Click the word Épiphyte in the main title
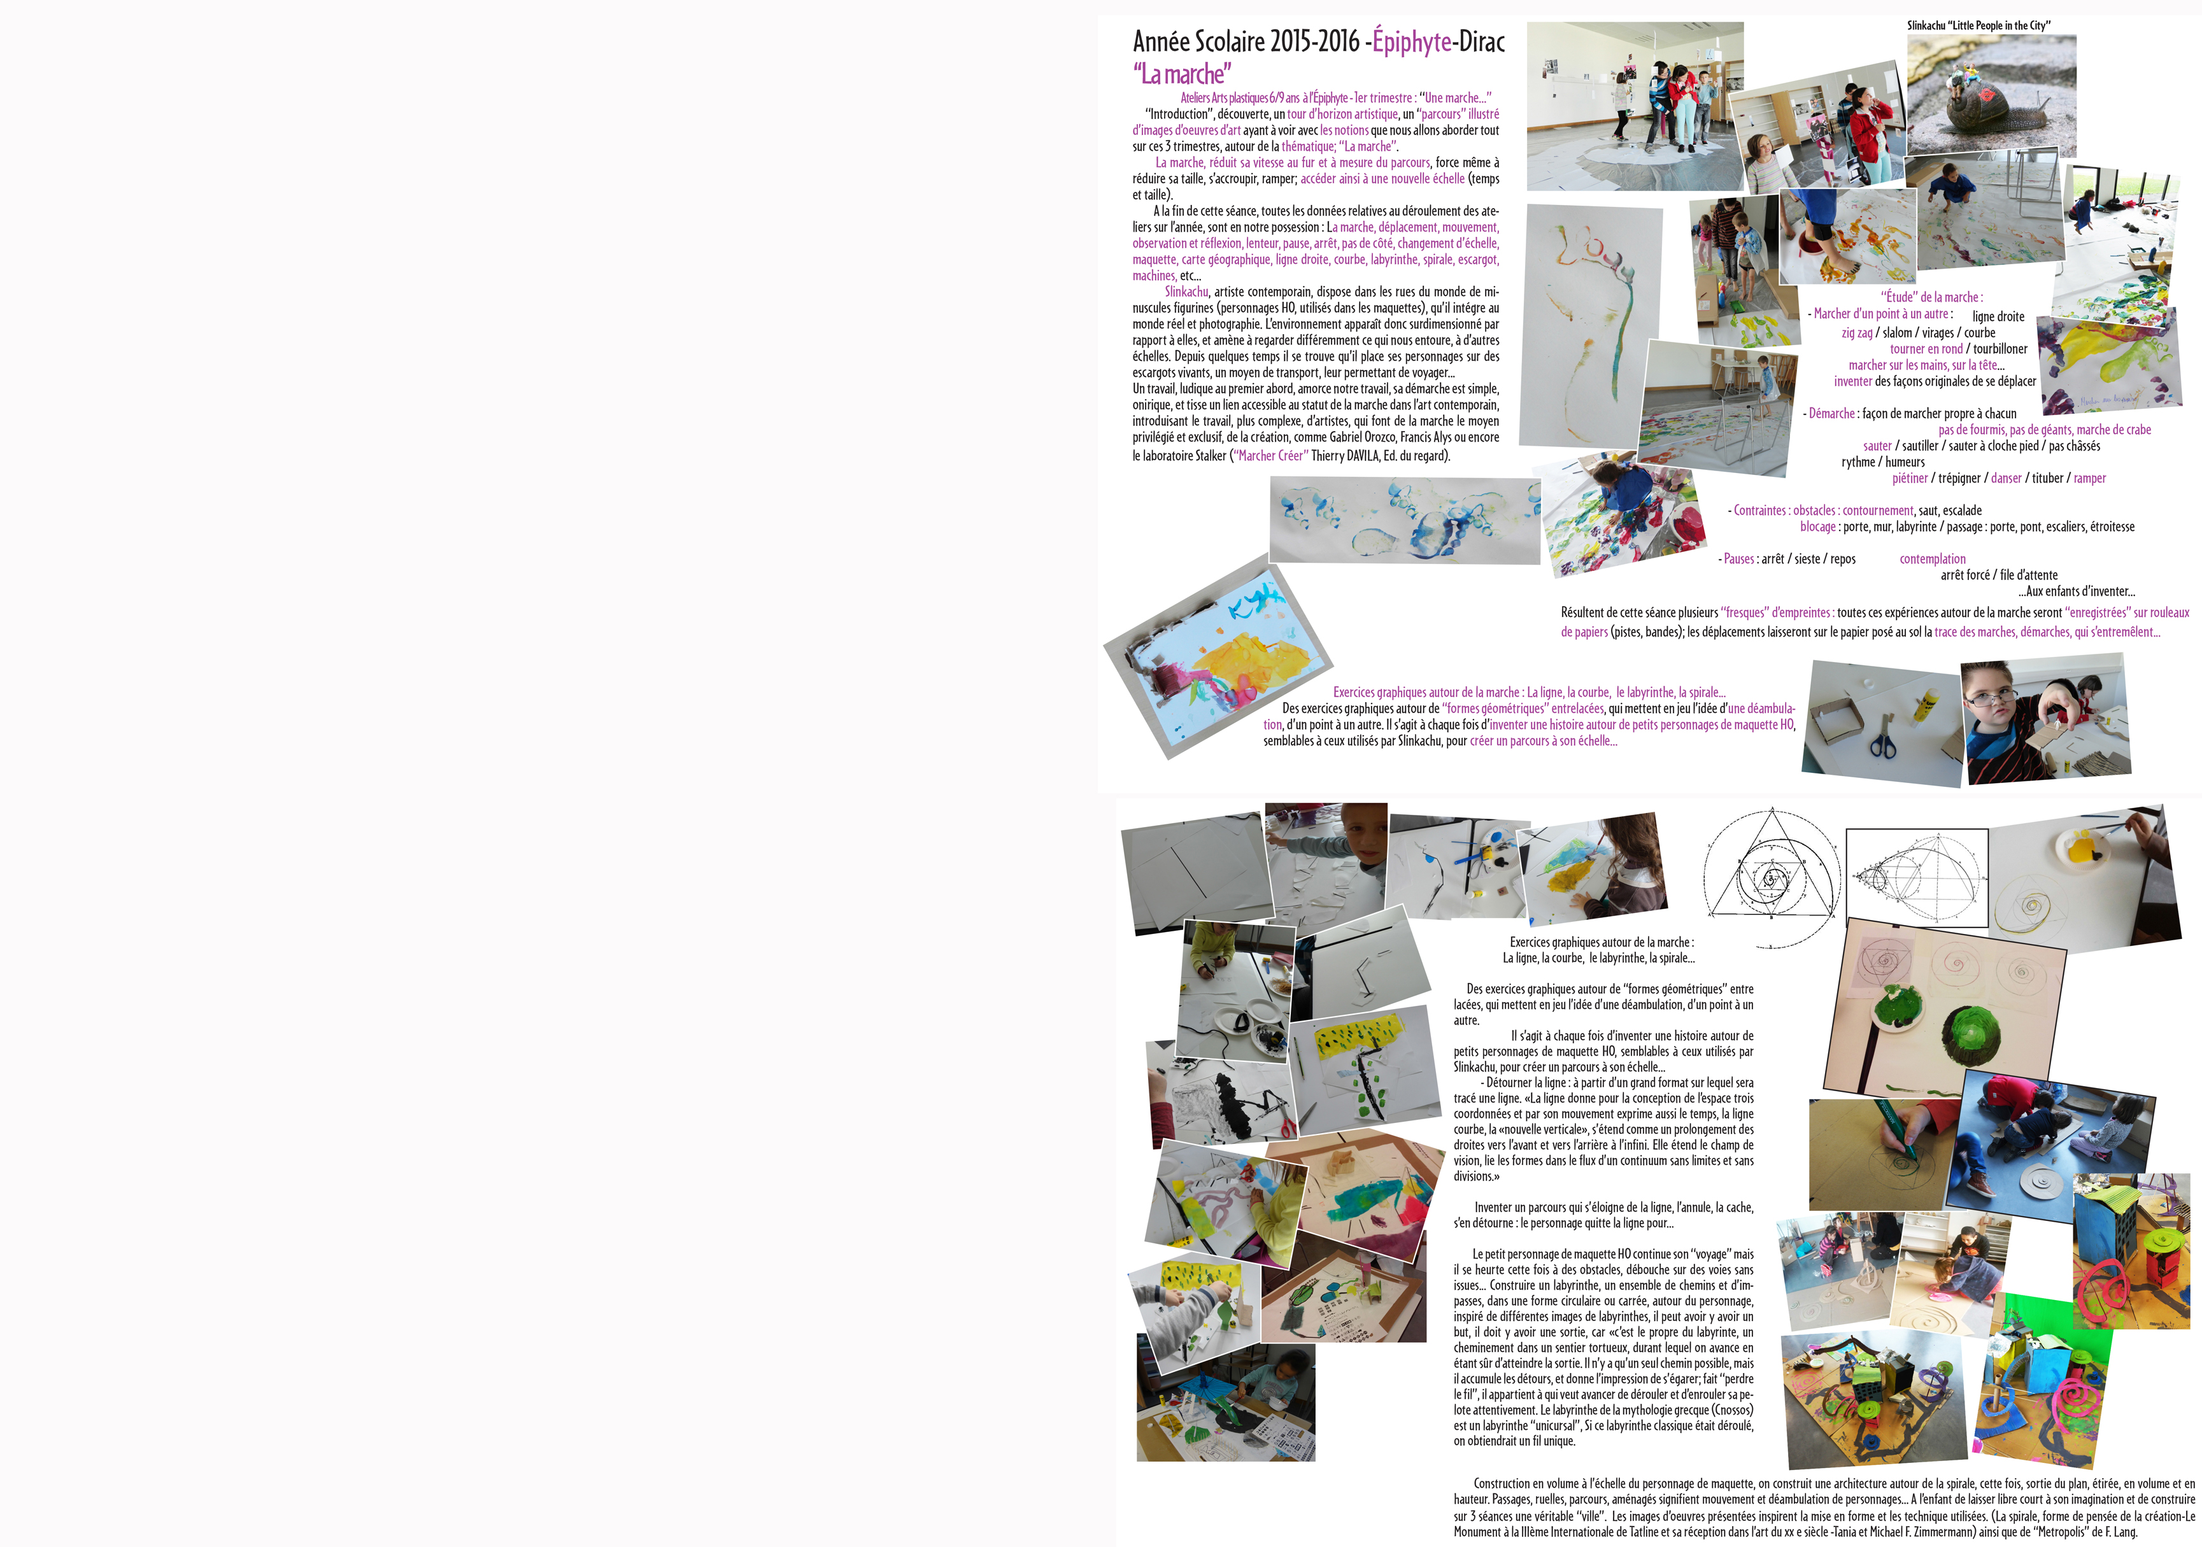pos(1412,41)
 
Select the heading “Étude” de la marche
pos(1931,297)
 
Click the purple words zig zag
pos(1857,333)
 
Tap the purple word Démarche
pos(1832,413)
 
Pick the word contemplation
pos(1933,559)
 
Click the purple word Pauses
pos(1739,559)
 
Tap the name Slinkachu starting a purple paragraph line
pos(1186,292)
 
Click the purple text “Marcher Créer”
pos(1271,456)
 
